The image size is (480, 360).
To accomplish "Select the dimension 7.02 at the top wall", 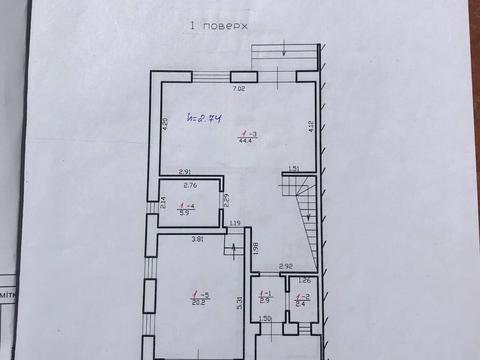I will [x=240, y=89].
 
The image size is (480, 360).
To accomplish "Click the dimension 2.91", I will [x=185, y=174].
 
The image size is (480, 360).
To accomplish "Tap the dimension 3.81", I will [x=198, y=239].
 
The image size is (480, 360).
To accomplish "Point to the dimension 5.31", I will [x=238, y=301].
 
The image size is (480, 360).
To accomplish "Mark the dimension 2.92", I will [x=285, y=266].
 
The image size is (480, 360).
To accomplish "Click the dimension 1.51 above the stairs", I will [x=295, y=168].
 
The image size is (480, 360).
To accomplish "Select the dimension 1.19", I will [x=234, y=223].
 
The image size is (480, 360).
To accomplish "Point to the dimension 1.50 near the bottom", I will [x=266, y=320].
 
